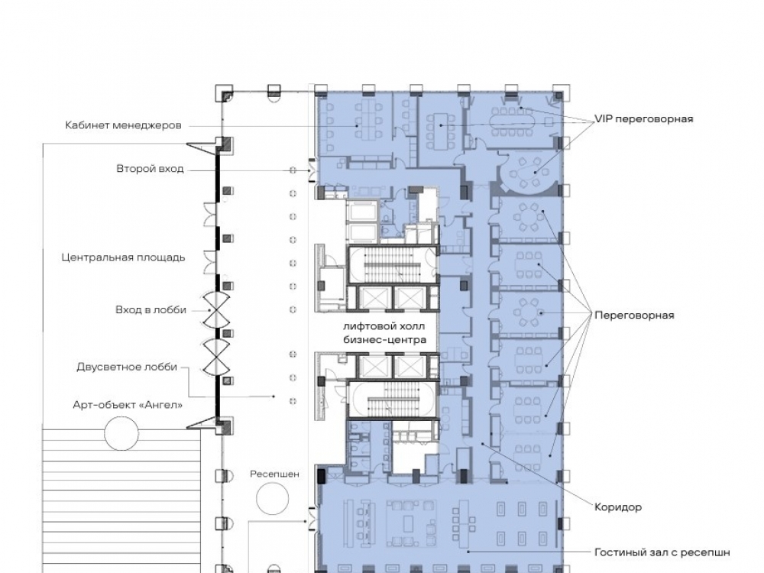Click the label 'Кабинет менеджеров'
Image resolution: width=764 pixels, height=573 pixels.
tap(123, 126)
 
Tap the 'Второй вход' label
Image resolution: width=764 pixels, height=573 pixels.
tap(150, 169)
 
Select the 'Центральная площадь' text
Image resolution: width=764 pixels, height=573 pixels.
tap(123, 257)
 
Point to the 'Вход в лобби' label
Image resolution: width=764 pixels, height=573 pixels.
tap(151, 310)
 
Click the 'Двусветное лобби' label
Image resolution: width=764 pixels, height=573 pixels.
tap(127, 367)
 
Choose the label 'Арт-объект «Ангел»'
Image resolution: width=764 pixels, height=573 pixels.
tap(128, 405)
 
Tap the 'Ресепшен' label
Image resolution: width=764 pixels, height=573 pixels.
tap(275, 474)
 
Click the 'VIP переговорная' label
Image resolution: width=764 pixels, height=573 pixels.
tap(643, 119)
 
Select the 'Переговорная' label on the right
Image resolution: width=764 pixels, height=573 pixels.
tap(634, 316)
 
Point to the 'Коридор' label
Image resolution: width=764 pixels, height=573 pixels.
tap(618, 507)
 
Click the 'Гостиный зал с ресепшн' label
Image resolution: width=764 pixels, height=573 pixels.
tap(662, 552)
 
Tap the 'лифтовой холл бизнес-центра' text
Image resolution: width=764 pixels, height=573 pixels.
tap(384, 333)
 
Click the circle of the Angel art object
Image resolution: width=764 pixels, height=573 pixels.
tap(121, 433)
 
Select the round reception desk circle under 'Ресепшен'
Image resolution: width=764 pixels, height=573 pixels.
tap(273, 498)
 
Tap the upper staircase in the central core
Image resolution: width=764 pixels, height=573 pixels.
tap(393, 265)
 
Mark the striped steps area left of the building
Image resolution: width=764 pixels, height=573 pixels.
tap(121, 500)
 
